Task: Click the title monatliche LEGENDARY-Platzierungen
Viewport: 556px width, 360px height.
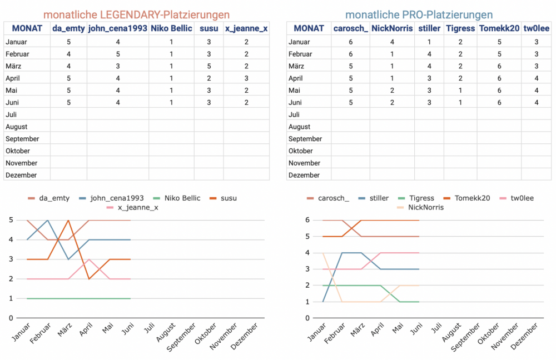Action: coord(136,14)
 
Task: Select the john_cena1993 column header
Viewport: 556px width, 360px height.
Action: coord(117,28)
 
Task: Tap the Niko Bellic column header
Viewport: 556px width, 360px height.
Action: coord(171,28)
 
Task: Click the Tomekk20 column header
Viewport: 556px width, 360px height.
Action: coord(499,28)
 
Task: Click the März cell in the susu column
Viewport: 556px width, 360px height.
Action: coord(209,66)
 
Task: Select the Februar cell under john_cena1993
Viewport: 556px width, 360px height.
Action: coord(117,54)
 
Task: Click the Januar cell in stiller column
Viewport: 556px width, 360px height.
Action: coord(429,42)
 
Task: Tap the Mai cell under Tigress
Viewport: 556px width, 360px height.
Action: coord(460,90)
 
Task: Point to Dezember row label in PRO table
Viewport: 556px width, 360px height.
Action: coord(304,175)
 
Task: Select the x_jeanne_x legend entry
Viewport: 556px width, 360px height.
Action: coord(133,208)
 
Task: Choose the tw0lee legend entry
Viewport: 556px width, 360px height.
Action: coord(517,198)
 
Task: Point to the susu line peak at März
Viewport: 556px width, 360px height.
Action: coord(67,221)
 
